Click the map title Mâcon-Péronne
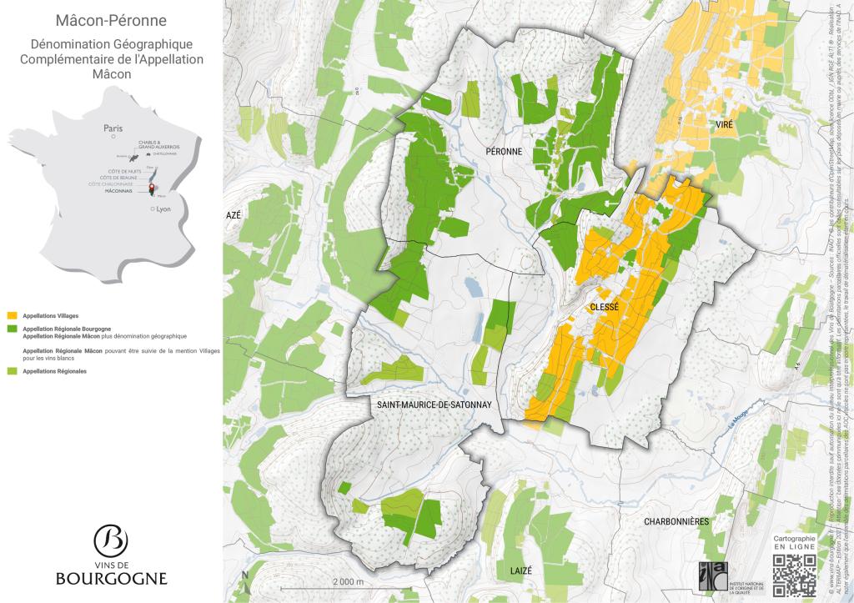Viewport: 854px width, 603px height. click(111, 20)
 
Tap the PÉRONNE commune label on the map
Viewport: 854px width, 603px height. click(504, 151)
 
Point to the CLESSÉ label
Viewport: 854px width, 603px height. click(605, 308)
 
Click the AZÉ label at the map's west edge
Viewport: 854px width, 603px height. click(234, 214)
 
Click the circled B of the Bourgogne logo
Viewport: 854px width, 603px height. click(111, 540)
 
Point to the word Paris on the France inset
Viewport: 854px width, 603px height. click(113, 128)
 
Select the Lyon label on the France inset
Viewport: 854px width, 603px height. click(163, 209)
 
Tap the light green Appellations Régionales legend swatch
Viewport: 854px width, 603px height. click(12, 370)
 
